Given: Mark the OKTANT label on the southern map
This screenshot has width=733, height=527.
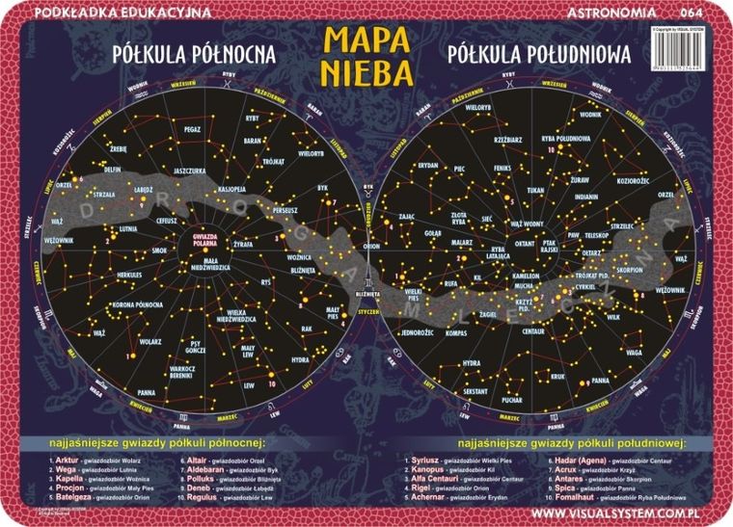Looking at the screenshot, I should click(526, 245).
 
